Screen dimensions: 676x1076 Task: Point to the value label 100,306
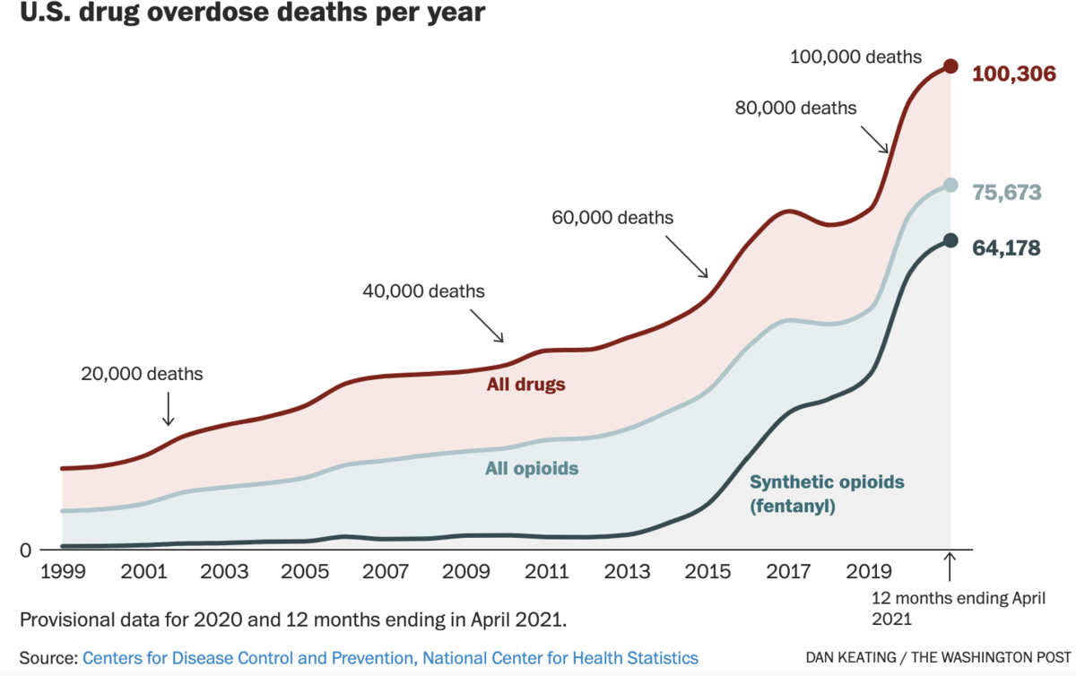(x=1013, y=74)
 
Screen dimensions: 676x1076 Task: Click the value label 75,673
(x=1006, y=193)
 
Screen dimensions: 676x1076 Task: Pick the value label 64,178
(x=1006, y=248)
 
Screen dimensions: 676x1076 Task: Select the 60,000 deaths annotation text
(x=612, y=217)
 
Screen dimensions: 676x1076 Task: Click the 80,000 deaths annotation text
(x=795, y=108)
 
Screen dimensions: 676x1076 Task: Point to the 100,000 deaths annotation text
(x=855, y=57)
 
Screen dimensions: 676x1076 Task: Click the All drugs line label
(x=526, y=386)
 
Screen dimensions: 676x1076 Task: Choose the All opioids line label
(x=532, y=468)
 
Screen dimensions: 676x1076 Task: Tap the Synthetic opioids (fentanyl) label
(x=827, y=494)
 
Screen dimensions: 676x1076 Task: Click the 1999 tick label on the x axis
(x=62, y=571)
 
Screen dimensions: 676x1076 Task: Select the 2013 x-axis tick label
(x=628, y=571)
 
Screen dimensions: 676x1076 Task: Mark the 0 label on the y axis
(x=26, y=550)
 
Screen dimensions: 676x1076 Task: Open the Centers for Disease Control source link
(x=390, y=657)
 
